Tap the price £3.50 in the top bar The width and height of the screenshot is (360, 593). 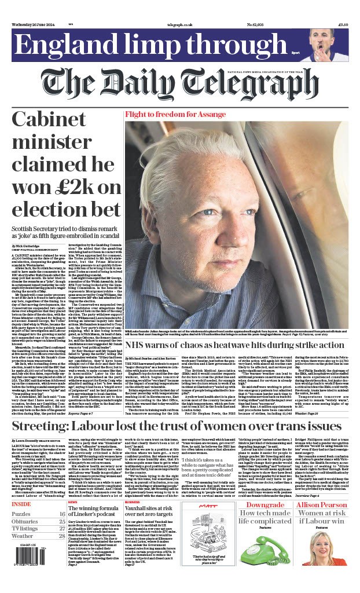click(x=342, y=25)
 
